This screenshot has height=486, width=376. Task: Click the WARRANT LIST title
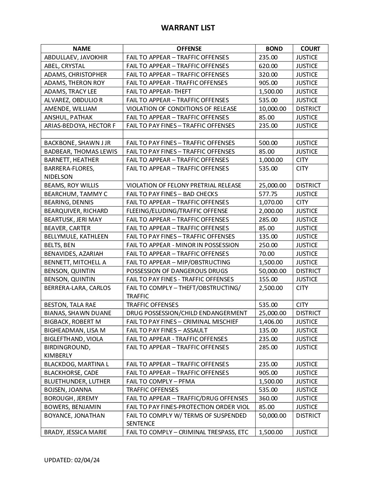pos(188,28)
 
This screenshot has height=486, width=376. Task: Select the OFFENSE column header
pos(189,49)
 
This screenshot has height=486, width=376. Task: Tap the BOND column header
pos(274,49)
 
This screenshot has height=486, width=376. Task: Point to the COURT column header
pos(310,49)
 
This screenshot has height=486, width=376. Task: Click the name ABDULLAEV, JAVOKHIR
pos(76,57)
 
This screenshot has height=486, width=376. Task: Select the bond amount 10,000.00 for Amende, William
pos(273,109)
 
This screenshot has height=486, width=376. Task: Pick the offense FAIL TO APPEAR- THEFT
pos(159,91)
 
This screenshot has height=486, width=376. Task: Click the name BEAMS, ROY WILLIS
pos(71,185)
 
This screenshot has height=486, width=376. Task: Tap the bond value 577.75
pos(268,194)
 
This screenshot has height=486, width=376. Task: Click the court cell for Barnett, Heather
pos(302,160)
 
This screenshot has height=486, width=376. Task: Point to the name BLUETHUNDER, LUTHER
pos(77,381)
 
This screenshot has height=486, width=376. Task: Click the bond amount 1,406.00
pos(271,322)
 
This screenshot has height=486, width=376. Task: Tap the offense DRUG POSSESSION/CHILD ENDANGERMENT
pos(187,313)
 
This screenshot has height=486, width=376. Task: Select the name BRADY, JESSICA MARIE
pos(75,432)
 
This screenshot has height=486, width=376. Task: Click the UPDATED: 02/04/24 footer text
pos(72,460)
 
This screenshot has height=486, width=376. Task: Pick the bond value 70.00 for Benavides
pos(266,254)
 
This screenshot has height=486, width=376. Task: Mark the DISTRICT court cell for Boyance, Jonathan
pos(308,416)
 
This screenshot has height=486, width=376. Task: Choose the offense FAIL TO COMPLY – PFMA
pos(160,381)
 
